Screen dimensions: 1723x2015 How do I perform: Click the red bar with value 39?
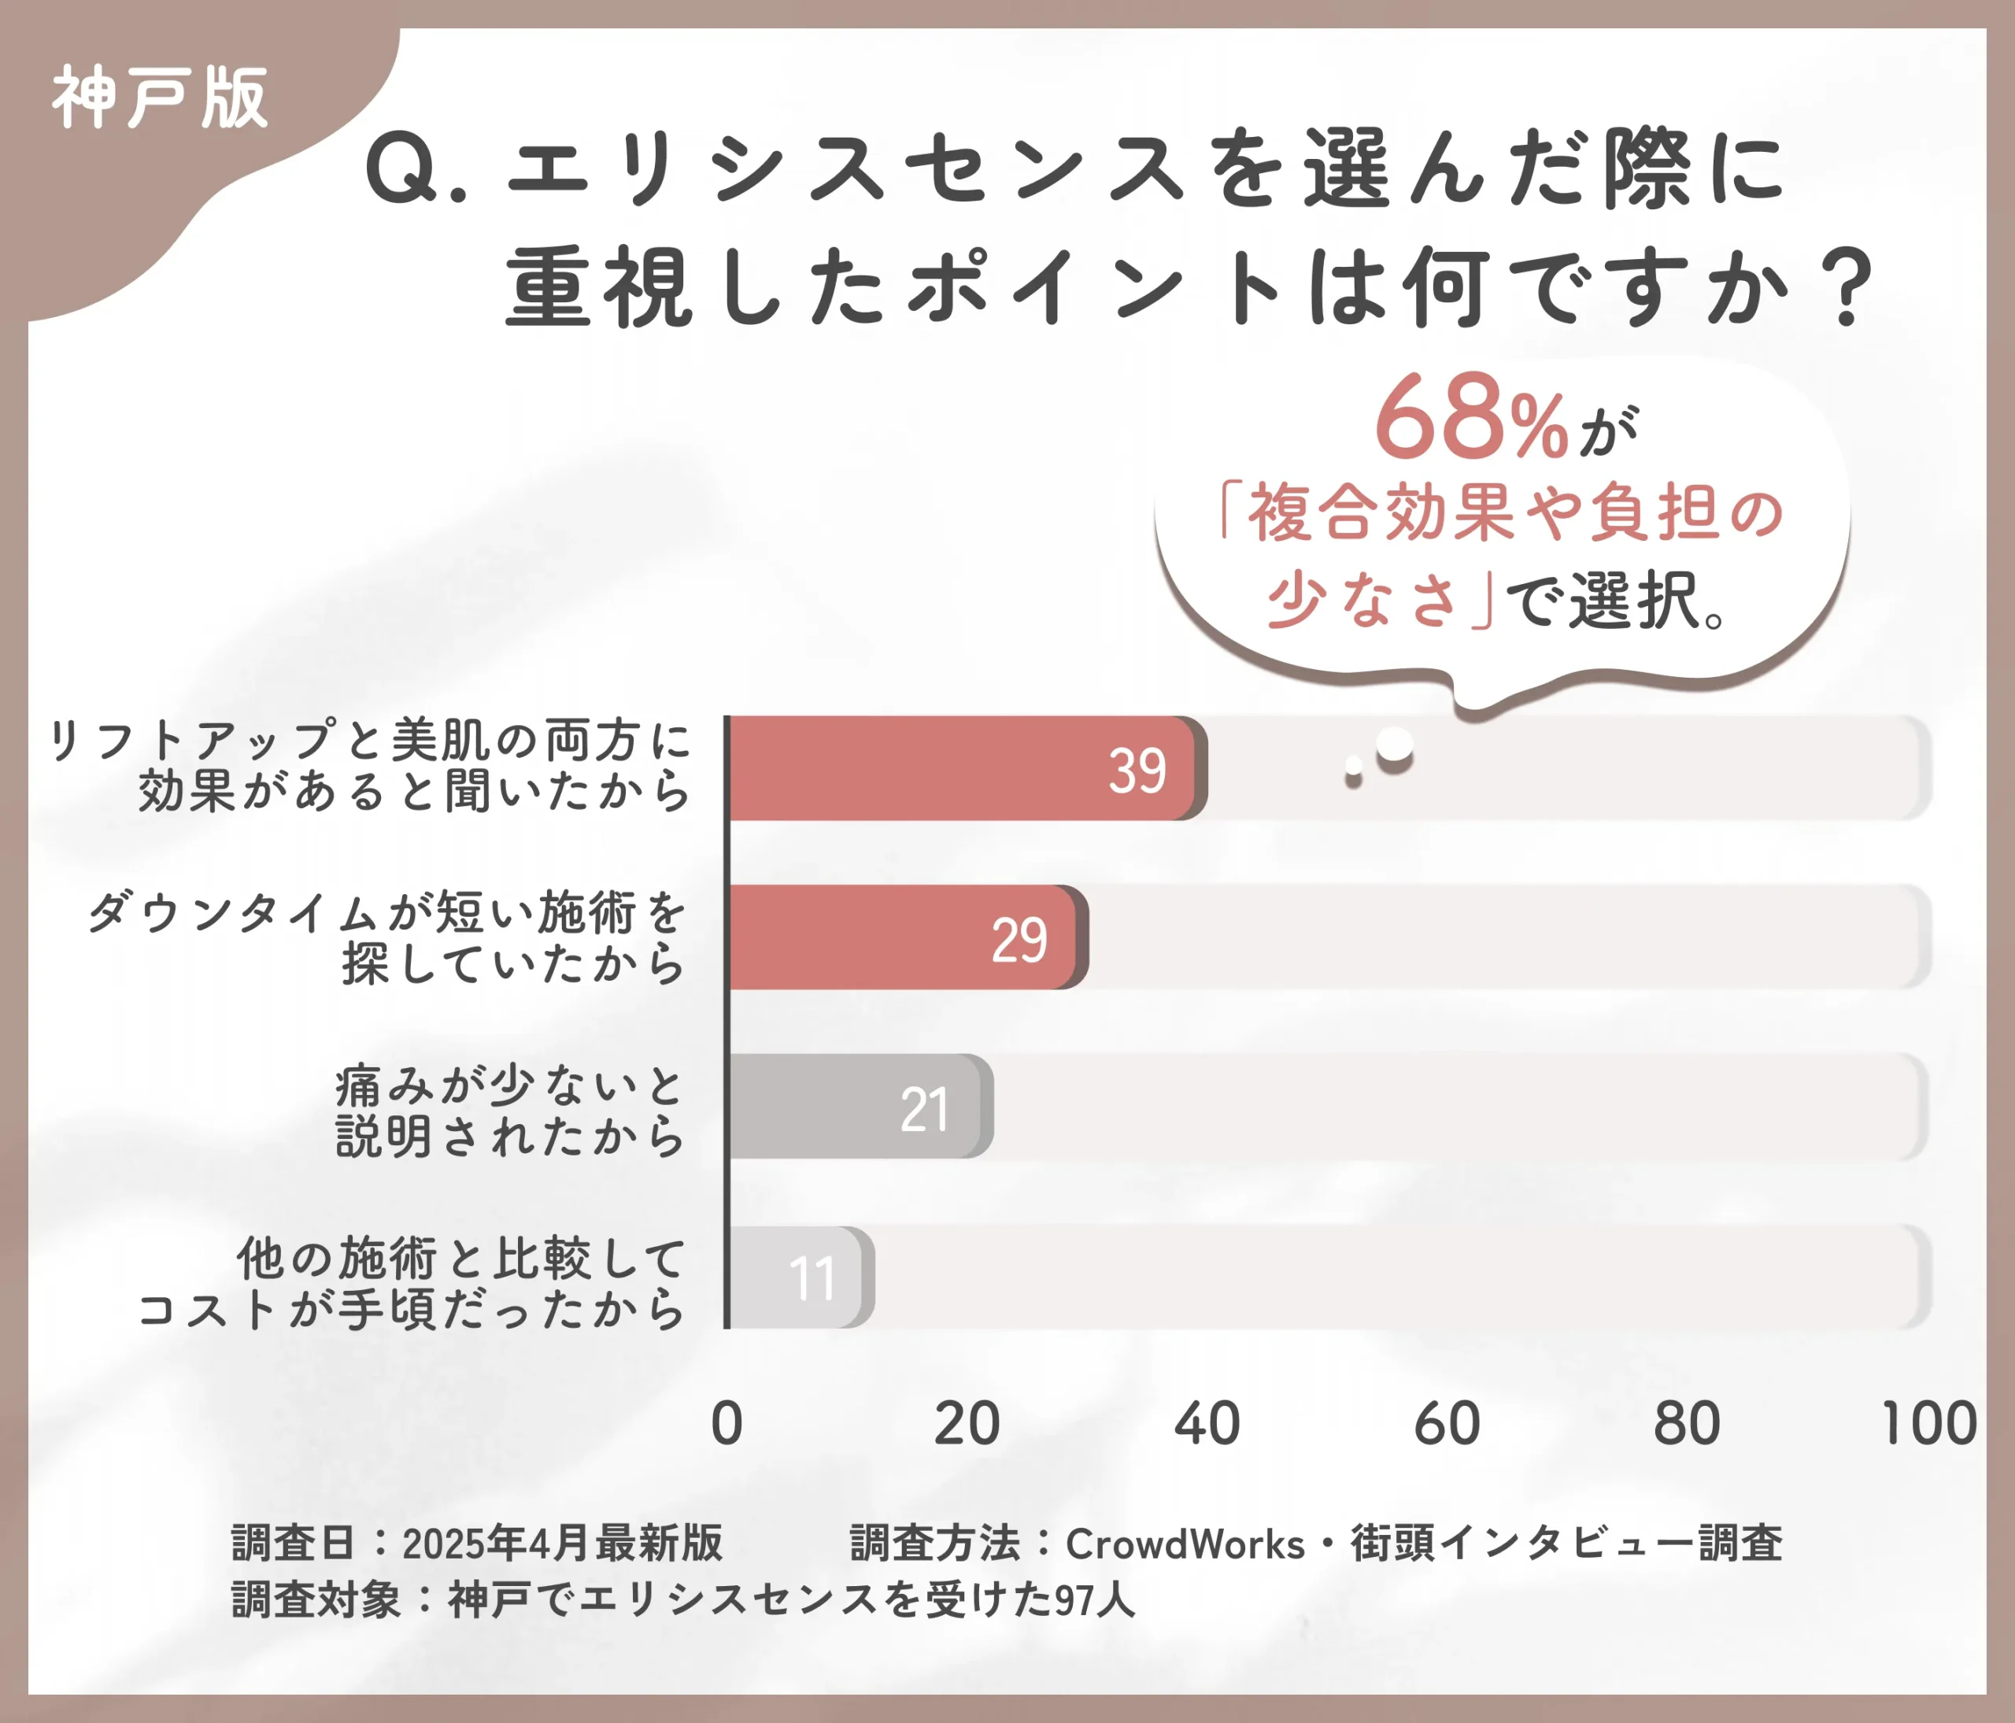(x=963, y=768)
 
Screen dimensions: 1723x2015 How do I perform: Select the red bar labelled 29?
(x=904, y=937)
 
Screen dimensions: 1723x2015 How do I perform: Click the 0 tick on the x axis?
(x=727, y=1424)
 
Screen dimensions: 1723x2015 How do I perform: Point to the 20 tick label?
(x=967, y=1424)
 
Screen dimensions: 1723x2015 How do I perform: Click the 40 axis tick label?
(x=1207, y=1424)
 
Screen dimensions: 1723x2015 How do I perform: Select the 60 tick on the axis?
(x=1447, y=1424)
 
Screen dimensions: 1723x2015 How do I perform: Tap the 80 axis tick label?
(x=1688, y=1424)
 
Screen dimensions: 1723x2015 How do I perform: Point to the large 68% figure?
(x=1470, y=418)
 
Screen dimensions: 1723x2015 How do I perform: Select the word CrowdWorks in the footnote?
(x=1185, y=1544)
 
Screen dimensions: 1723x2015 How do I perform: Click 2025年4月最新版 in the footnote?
(x=562, y=1544)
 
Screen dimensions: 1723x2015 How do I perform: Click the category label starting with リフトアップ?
(x=369, y=766)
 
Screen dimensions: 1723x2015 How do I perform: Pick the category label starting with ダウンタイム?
(x=387, y=937)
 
